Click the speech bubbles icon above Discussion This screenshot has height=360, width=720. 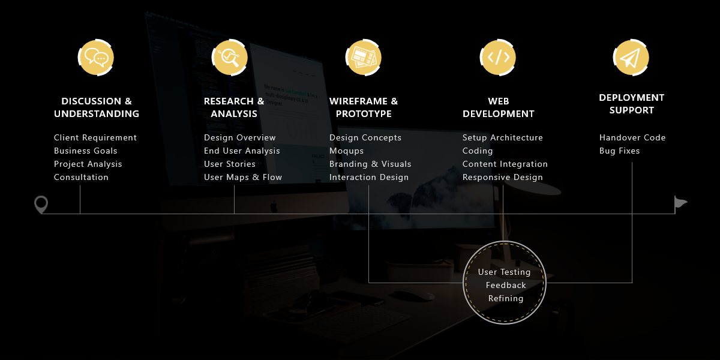point(96,58)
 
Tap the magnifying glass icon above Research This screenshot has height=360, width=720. point(230,58)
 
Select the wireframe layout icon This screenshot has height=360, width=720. point(364,58)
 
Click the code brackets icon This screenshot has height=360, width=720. point(498,58)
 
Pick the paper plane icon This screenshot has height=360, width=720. point(631,58)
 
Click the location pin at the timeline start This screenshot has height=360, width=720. point(41,205)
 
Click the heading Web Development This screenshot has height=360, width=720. point(499,107)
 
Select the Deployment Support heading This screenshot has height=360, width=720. point(632,104)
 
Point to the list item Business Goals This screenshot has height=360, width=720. point(85,151)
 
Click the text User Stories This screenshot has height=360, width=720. point(229,164)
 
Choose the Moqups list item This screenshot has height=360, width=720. point(347,151)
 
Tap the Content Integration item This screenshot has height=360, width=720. point(505,164)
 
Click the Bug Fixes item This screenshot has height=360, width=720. point(619,151)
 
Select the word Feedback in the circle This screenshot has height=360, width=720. point(506,285)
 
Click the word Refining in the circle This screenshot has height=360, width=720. point(506,299)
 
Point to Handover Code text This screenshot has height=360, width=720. point(632,137)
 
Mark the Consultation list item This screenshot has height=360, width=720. point(81,177)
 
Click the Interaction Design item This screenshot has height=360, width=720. point(369,178)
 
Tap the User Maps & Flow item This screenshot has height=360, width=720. point(243,178)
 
